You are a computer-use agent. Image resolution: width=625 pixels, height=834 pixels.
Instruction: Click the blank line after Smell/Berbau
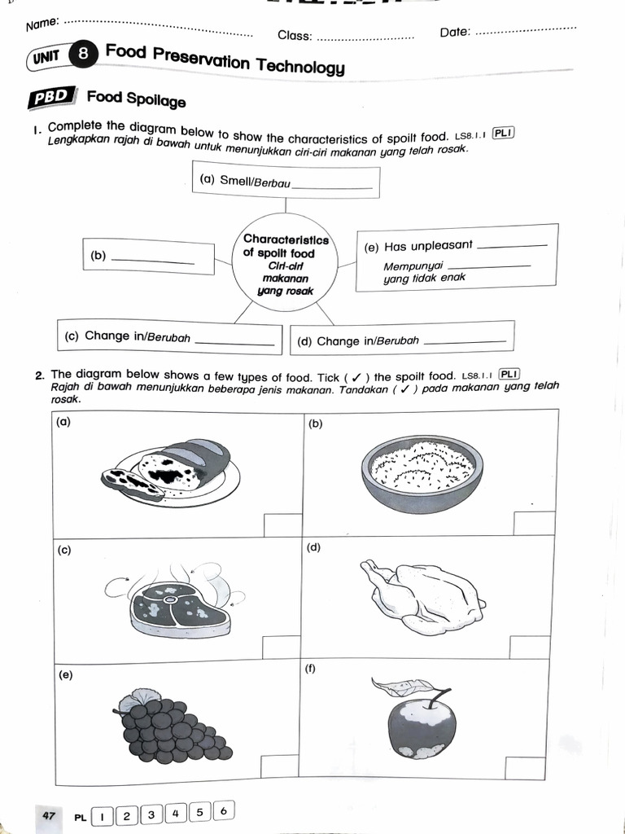[x=331, y=187]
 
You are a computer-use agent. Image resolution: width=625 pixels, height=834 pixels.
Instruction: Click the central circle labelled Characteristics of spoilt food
[x=286, y=265]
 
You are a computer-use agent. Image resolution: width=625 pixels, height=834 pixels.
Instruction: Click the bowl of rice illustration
[x=422, y=471]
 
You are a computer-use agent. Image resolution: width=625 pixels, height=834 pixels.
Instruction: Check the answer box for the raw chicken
[x=529, y=647]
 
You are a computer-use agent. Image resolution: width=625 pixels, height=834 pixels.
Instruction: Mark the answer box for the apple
[x=525, y=768]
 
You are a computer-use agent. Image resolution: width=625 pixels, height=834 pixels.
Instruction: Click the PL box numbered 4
[x=176, y=813]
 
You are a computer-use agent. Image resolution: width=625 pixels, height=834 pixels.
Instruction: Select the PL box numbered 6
[x=225, y=810]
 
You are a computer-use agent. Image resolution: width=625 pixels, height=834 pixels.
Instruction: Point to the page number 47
[x=49, y=814]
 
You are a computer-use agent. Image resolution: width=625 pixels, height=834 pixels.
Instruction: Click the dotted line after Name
[x=159, y=29]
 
